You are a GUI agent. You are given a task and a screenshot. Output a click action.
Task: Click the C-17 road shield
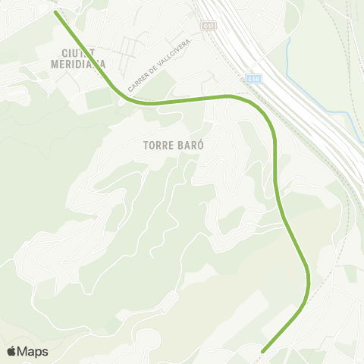pos(208,26)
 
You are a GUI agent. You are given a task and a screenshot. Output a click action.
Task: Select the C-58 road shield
pos(253,78)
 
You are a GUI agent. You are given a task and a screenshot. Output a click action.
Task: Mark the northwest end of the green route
pos(57,12)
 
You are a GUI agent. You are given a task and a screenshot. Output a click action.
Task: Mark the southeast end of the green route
pos(263,350)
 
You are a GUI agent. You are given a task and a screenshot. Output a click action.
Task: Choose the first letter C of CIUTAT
pos(67,52)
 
